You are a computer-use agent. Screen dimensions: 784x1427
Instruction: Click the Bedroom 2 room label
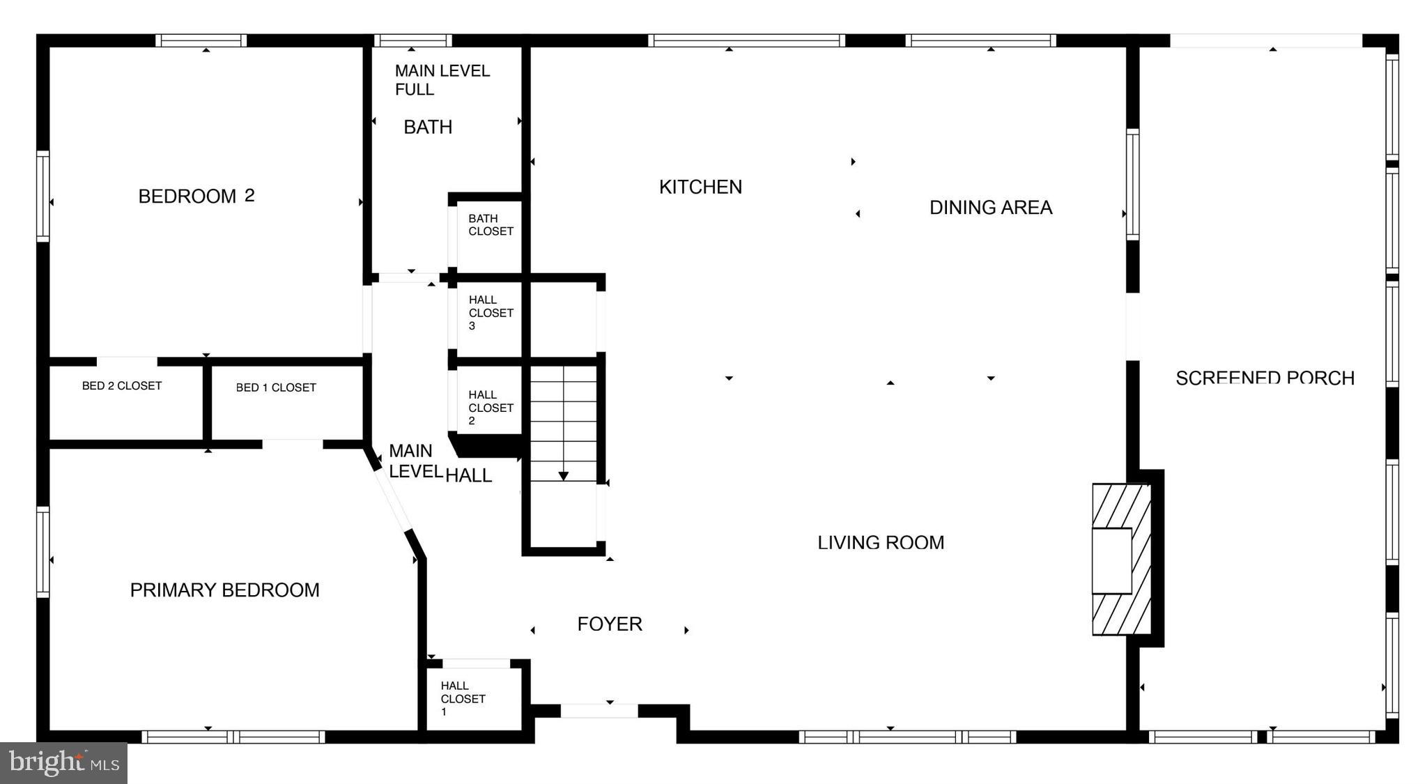tap(196, 197)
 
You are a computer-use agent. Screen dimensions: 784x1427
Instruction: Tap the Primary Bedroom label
tap(224, 590)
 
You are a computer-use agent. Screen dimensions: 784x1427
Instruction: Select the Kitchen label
tap(700, 187)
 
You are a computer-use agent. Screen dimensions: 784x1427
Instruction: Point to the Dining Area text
tap(990, 208)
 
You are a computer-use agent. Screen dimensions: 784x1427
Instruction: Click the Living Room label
tap(880, 542)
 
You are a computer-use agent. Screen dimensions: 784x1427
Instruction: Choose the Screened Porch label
tap(1265, 378)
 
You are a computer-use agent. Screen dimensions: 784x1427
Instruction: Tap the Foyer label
tap(609, 624)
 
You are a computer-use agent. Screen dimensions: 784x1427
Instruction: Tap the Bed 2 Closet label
tap(122, 386)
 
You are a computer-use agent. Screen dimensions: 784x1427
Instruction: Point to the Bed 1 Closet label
tap(276, 387)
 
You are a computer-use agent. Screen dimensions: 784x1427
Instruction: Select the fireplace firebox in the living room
tap(1111, 561)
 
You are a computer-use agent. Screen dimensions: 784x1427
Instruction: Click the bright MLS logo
tap(63, 763)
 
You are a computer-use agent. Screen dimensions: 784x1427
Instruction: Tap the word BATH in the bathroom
tap(428, 128)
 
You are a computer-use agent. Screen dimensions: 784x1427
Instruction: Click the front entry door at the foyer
tap(599, 711)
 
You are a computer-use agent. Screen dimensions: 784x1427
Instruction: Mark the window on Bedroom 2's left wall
tap(43, 197)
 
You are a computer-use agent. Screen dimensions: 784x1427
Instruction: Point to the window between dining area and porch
tap(1132, 185)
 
